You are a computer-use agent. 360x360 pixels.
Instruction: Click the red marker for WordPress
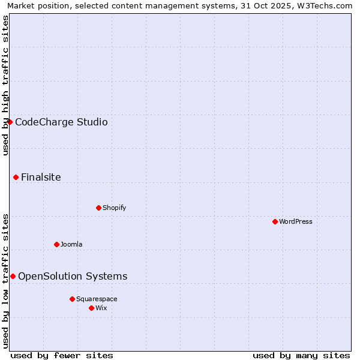(x=275, y=221)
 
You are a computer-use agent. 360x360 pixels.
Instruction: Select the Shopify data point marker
(x=98, y=208)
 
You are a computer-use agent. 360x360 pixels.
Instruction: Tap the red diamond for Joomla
(x=56, y=244)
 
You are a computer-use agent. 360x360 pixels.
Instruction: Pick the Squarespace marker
(x=72, y=299)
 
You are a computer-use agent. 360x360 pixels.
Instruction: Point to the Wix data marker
(x=91, y=308)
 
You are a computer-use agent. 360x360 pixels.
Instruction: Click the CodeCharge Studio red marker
(x=10, y=122)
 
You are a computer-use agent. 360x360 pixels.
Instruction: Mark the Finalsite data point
(x=16, y=177)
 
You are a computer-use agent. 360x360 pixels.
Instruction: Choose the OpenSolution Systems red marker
(x=13, y=276)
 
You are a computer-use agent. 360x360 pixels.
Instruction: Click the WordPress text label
(x=296, y=221)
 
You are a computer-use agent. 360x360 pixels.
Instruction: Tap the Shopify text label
(x=114, y=208)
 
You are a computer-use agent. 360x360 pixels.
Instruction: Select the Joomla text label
(x=71, y=244)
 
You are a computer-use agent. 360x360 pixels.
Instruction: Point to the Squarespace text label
(x=97, y=299)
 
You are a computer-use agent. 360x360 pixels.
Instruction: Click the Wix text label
(x=101, y=308)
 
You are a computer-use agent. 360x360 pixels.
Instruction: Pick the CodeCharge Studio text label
(x=61, y=122)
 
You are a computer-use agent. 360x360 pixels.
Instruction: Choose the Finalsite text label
(x=41, y=177)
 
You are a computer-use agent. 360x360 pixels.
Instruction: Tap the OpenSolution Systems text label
(x=73, y=276)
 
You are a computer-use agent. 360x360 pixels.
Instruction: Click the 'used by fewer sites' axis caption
(x=62, y=355)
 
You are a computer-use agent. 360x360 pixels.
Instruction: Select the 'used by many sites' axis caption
(x=301, y=355)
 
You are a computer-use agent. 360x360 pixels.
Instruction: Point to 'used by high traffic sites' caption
(x=5, y=85)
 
